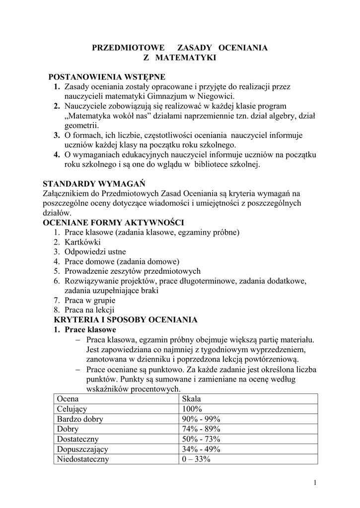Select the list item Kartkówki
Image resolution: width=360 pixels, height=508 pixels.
point(82,242)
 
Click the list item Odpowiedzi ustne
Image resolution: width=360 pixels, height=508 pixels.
point(95,252)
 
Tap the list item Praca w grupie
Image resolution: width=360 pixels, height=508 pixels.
point(90,300)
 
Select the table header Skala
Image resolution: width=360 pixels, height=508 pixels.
point(191,399)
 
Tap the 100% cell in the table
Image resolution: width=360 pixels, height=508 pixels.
point(192,409)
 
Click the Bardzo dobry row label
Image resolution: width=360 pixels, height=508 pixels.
point(80,419)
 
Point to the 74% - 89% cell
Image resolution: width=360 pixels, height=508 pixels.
point(201,429)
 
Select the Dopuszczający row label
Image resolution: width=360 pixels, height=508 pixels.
point(82,449)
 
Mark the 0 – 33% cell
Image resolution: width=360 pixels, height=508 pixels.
point(197,459)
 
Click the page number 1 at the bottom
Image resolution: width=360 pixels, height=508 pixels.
point(315,483)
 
